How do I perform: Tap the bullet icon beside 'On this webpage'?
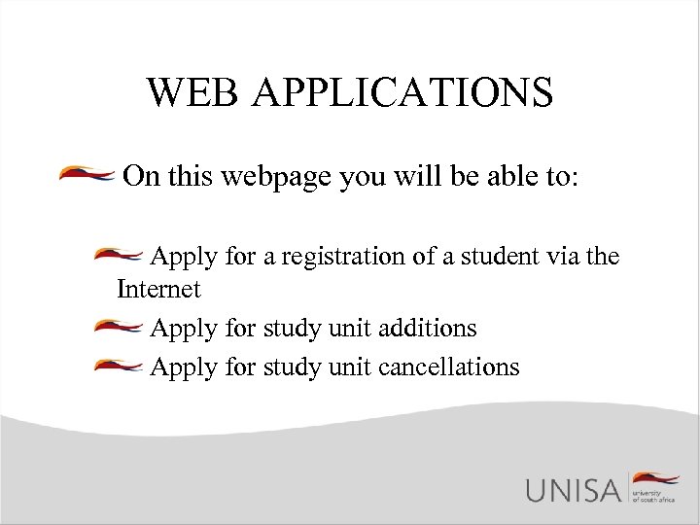[x=88, y=176]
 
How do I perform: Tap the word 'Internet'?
[x=158, y=289]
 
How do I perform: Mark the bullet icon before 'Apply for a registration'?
[x=120, y=256]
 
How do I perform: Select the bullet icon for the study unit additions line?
[x=120, y=327]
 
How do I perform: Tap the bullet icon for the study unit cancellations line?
[x=120, y=366]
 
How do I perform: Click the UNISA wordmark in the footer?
[x=573, y=489]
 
